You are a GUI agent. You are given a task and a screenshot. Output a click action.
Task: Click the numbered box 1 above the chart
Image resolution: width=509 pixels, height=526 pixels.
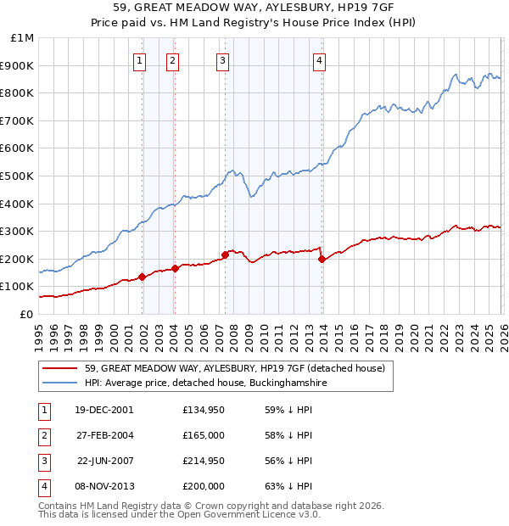139,59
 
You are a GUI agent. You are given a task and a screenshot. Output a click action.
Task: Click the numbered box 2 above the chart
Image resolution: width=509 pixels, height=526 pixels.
172,59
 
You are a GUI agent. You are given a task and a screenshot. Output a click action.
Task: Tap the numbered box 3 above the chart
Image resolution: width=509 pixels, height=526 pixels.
222,59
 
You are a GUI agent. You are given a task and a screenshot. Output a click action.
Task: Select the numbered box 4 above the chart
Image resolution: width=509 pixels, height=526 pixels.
319,59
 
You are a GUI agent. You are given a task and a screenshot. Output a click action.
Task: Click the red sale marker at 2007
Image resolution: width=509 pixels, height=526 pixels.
225,255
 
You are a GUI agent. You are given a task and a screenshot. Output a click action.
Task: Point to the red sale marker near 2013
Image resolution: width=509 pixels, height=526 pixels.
322,259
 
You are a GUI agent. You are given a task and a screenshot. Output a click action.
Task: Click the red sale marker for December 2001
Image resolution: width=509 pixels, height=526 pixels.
143,277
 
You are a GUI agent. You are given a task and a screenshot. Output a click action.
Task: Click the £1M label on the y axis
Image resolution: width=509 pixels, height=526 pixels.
23,38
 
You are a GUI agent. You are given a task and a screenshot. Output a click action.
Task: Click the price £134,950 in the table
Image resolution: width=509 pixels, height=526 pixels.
204,410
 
